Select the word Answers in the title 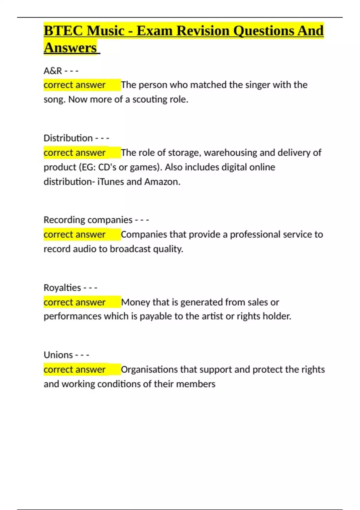70,48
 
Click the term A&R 53,71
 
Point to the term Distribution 68,138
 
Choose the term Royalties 62,288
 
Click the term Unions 58,355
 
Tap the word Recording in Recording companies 64,220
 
